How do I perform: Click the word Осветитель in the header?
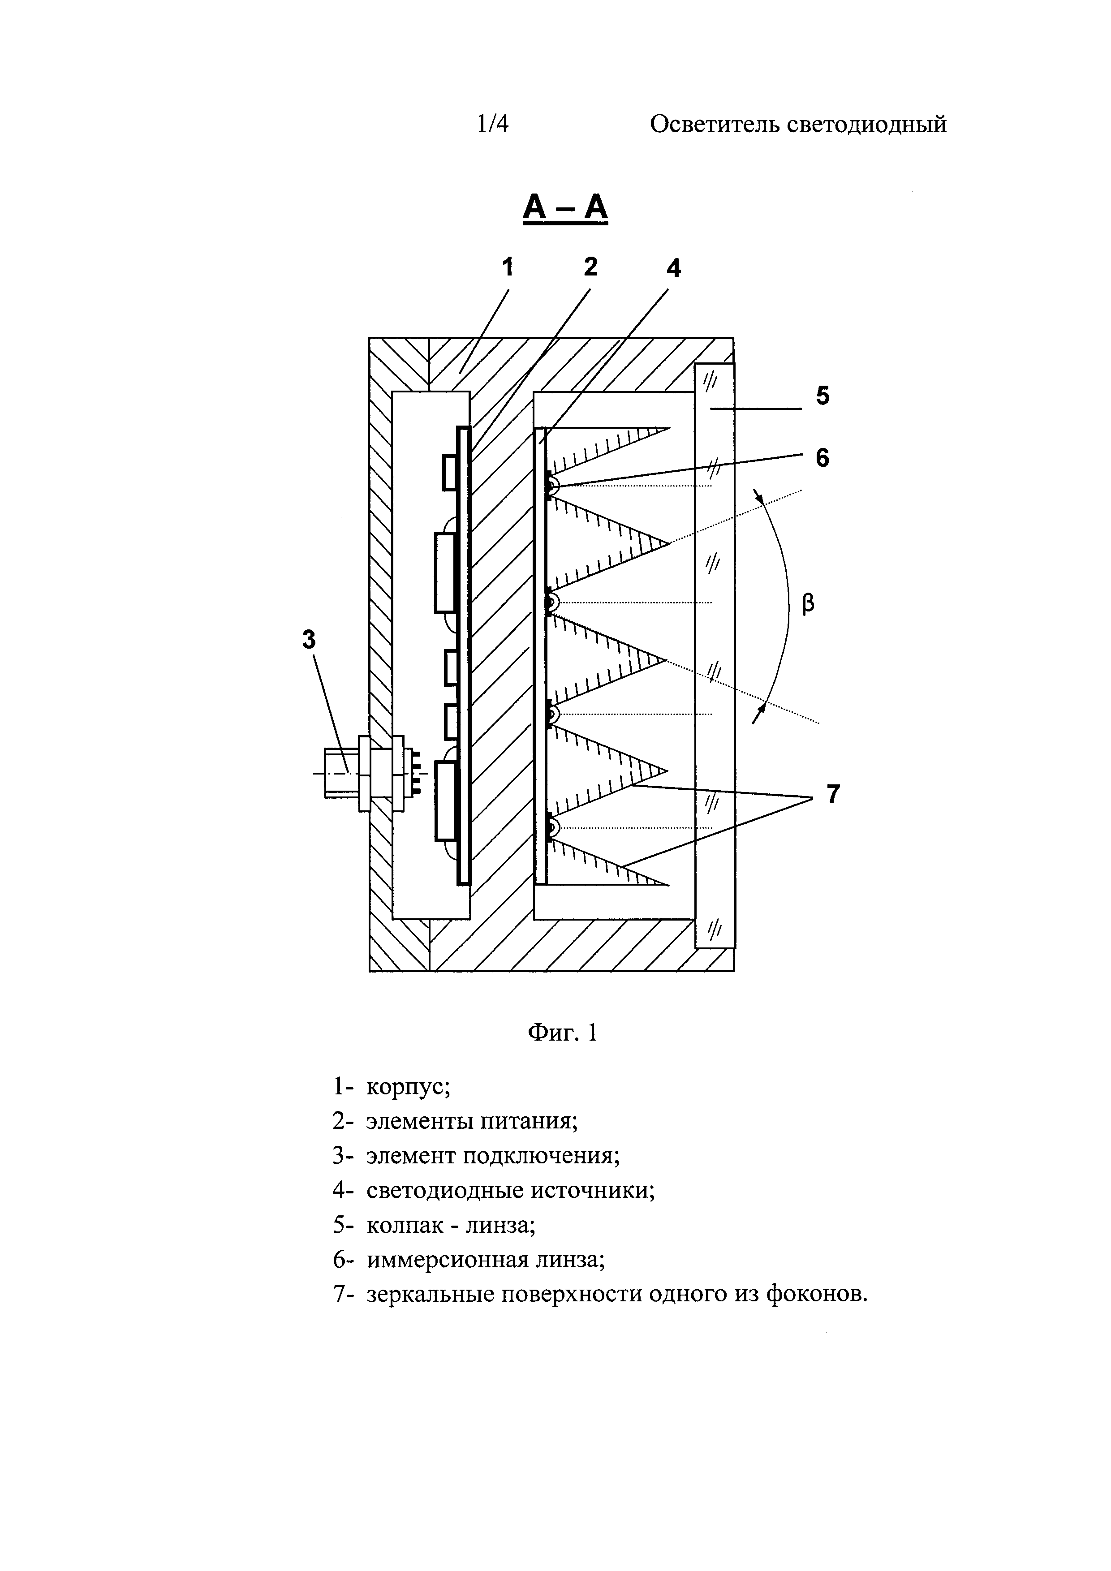tap(711, 125)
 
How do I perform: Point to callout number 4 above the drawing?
tap(674, 269)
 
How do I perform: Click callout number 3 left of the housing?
tap(309, 640)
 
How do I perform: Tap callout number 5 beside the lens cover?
tap(822, 396)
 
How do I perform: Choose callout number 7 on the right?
tap(832, 794)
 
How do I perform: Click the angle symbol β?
tap(808, 604)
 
